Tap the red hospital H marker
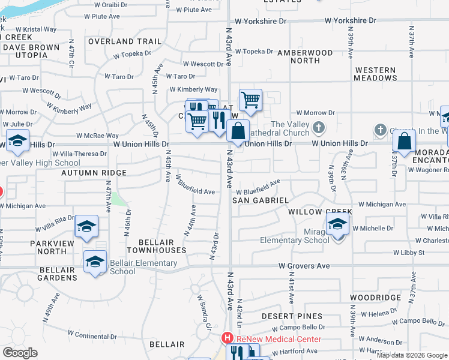coord(228,338)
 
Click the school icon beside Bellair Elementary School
coord(95,263)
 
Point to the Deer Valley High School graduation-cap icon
coord(18,142)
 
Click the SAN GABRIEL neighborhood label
coord(261,200)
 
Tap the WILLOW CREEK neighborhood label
coord(319,212)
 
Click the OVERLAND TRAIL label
coord(125,41)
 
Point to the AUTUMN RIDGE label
coord(94,172)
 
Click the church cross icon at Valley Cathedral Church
coord(319,128)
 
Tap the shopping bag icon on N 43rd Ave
coord(238,130)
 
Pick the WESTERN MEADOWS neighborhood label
coord(375,74)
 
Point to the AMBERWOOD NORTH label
coord(305,56)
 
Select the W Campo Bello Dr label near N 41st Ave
coord(298,328)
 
